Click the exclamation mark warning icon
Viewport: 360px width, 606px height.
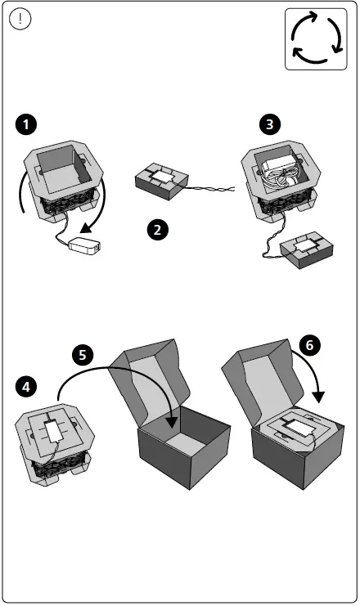tap(20, 19)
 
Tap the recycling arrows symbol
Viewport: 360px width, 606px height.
tap(316, 38)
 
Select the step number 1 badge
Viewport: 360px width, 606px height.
tap(26, 124)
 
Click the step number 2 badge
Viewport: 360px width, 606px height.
tap(157, 230)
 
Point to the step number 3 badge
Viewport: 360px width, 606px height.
tap(269, 124)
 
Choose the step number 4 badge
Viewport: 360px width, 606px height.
tap(26, 387)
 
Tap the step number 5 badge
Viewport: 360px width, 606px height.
tap(83, 355)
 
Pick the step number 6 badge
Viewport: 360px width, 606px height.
tap(309, 345)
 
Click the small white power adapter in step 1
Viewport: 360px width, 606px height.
tap(84, 246)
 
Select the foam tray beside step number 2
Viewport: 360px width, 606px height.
tap(162, 181)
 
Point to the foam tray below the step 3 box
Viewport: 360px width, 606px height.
tap(307, 249)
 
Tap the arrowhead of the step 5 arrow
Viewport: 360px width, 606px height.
tap(172, 422)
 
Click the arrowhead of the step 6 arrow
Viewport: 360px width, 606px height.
tap(318, 397)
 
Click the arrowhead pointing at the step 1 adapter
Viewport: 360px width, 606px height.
tap(86, 228)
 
